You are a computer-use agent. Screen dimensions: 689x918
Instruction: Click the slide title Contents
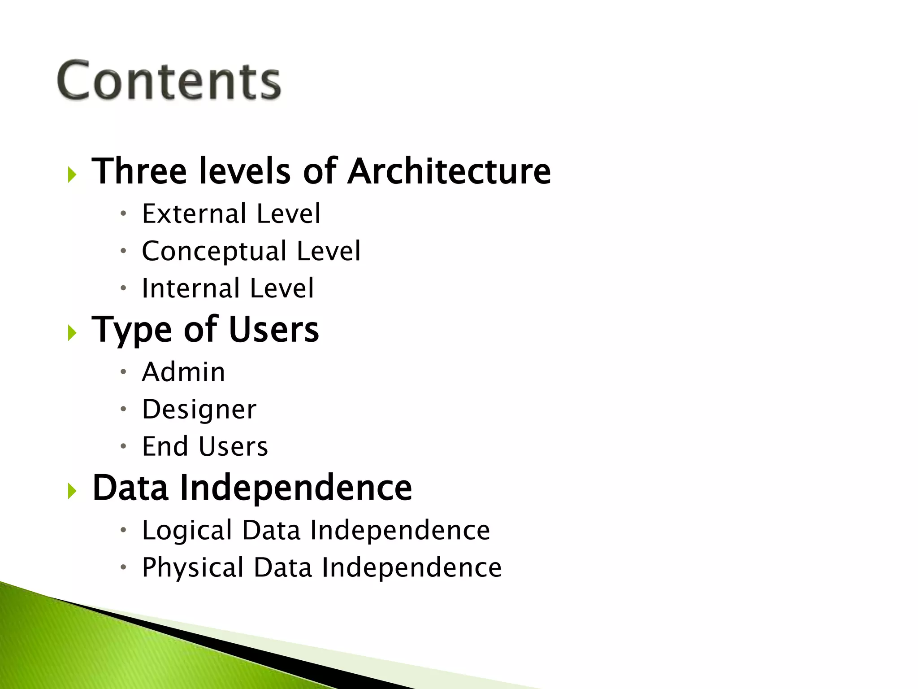click(x=169, y=81)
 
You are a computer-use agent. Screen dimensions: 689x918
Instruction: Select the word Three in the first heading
click(x=139, y=171)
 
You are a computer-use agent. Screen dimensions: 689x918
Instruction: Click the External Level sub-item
click(x=231, y=214)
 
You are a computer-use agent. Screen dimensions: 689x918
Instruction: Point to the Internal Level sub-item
click(x=228, y=288)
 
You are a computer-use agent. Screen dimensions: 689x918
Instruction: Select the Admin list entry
click(x=183, y=372)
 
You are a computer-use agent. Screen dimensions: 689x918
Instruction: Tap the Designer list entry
click(x=199, y=410)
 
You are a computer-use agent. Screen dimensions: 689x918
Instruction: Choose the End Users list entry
click(x=205, y=446)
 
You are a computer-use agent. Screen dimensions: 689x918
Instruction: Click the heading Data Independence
click(x=252, y=488)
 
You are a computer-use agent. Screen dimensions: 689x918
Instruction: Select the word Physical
click(x=193, y=568)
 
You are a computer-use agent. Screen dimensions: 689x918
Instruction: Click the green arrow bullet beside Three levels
click(x=72, y=174)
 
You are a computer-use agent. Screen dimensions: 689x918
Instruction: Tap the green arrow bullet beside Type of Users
click(x=72, y=333)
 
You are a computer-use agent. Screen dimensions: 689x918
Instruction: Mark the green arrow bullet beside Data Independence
click(x=72, y=491)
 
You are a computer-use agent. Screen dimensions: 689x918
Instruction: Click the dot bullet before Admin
click(x=123, y=371)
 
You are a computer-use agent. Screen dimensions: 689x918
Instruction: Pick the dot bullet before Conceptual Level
click(x=123, y=250)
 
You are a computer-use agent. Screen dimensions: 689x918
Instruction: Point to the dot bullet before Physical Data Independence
click(x=123, y=567)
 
